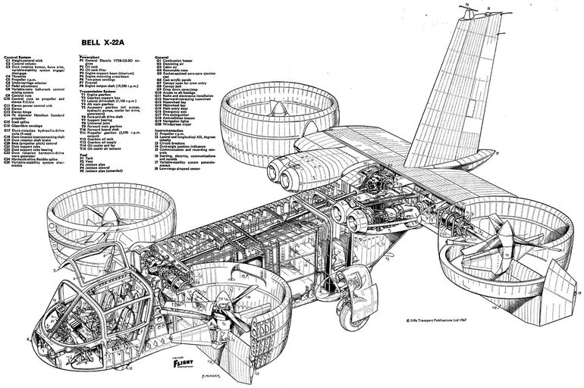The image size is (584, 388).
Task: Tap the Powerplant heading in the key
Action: coord(89,55)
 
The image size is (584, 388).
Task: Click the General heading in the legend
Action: coord(161,55)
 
